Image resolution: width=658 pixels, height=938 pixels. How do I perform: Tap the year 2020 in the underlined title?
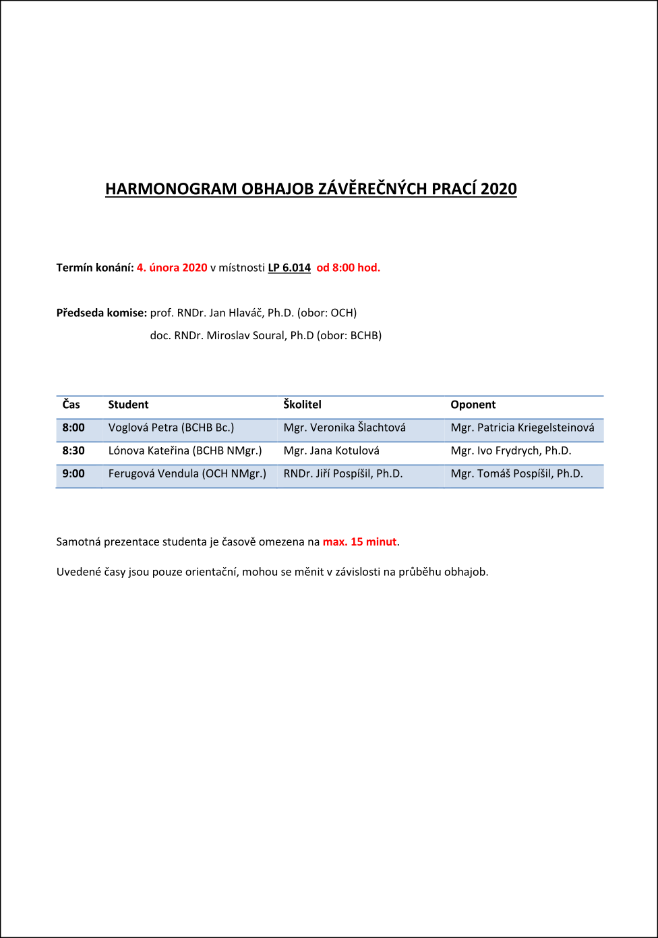(x=498, y=189)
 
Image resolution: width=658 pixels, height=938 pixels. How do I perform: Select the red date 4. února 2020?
(x=172, y=268)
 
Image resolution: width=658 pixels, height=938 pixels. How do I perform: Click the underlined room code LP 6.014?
(x=289, y=268)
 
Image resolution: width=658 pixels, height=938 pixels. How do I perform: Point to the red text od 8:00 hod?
(x=349, y=268)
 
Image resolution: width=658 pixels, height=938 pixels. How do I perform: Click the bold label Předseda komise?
(x=102, y=313)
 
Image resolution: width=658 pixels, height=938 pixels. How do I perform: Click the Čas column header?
(x=71, y=404)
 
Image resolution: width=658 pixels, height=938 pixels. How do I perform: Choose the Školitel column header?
(x=302, y=404)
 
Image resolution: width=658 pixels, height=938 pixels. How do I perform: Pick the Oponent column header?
(x=473, y=404)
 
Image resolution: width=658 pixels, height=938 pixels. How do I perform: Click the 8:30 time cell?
(x=73, y=450)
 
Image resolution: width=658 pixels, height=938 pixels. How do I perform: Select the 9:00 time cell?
(x=73, y=473)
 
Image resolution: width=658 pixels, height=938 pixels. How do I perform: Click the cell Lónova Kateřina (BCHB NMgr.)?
(x=185, y=450)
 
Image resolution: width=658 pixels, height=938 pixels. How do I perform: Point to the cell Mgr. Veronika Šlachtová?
(x=345, y=428)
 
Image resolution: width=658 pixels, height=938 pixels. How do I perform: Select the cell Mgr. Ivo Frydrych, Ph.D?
(x=510, y=450)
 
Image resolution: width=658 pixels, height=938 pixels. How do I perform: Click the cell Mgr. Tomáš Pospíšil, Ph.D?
(x=516, y=473)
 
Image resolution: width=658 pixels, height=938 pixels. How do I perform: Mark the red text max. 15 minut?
(x=359, y=542)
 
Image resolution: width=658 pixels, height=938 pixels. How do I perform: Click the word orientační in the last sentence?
(x=212, y=572)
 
